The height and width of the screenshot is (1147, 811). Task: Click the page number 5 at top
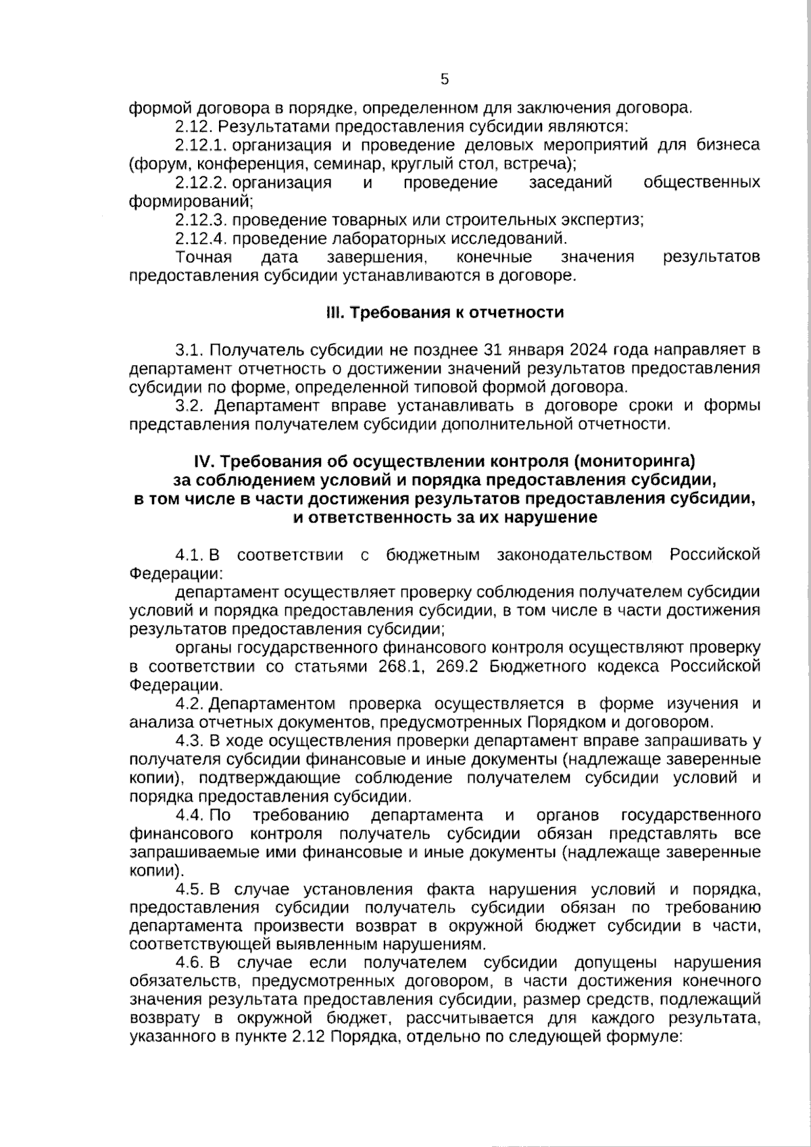[x=444, y=80]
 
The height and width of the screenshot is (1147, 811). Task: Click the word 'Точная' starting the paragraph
[x=203, y=257]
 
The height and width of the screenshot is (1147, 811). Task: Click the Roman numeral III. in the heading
[x=333, y=313]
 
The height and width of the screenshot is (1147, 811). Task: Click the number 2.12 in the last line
[x=313, y=1037]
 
